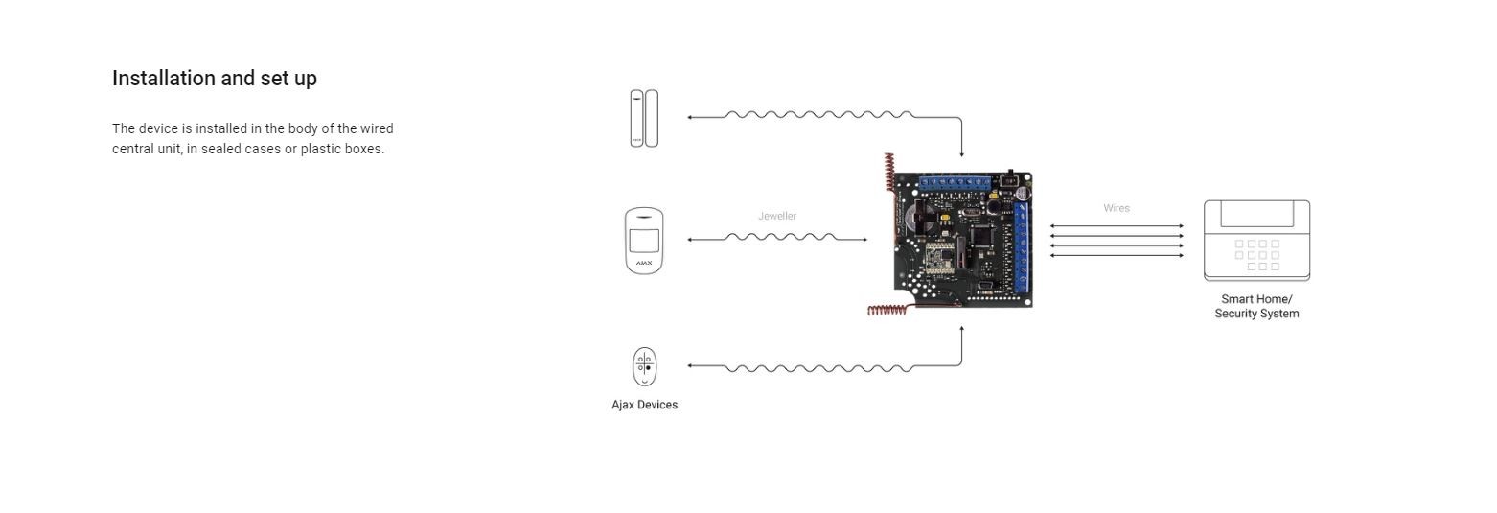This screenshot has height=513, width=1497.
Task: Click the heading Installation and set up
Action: tap(214, 79)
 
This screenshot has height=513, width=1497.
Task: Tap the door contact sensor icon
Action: tap(644, 118)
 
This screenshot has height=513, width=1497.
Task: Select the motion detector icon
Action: tap(644, 241)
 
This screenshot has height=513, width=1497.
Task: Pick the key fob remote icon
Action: tap(644, 366)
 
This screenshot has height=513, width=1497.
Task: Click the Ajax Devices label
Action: tap(644, 405)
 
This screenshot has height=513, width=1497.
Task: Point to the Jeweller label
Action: tap(776, 216)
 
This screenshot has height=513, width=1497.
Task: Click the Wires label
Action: tap(1116, 208)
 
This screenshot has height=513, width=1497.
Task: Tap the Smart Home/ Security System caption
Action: tap(1255, 306)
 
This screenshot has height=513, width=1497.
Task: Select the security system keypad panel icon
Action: tap(1255, 242)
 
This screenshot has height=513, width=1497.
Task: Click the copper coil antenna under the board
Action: tap(888, 310)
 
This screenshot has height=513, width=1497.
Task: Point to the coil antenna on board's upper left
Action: tap(889, 173)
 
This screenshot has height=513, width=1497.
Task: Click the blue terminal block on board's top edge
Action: tap(954, 181)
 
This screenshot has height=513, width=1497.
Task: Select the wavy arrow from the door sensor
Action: tap(819, 115)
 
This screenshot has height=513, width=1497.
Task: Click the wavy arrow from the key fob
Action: tap(819, 367)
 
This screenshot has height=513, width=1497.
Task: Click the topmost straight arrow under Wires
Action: tap(1116, 226)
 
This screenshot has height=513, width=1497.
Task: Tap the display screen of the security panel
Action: tap(1255, 213)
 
